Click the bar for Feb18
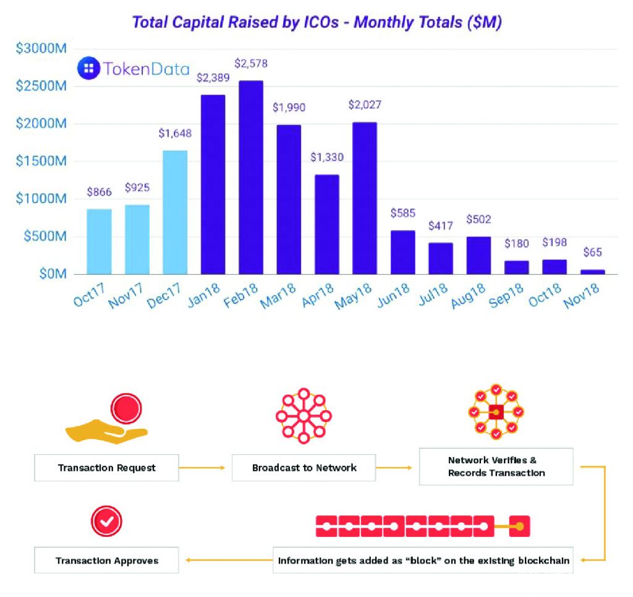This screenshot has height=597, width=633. [251, 178]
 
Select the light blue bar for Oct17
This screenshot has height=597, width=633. [99, 241]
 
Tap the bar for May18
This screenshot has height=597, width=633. [365, 198]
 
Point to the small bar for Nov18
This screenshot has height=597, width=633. [593, 271]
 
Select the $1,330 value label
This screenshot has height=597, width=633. [326, 158]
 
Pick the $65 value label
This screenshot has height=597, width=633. [592, 252]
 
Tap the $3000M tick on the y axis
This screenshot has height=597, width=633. [40, 49]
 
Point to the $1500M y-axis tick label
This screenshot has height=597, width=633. [40, 161]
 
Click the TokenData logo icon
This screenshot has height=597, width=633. [88, 68]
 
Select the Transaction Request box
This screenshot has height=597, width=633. [107, 468]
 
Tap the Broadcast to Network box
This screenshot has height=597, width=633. [304, 468]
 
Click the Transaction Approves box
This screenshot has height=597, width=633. [107, 560]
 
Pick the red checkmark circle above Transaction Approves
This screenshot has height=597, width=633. [107, 522]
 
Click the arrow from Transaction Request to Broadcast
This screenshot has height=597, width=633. [203, 468]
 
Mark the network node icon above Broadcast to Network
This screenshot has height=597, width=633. [304, 416]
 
